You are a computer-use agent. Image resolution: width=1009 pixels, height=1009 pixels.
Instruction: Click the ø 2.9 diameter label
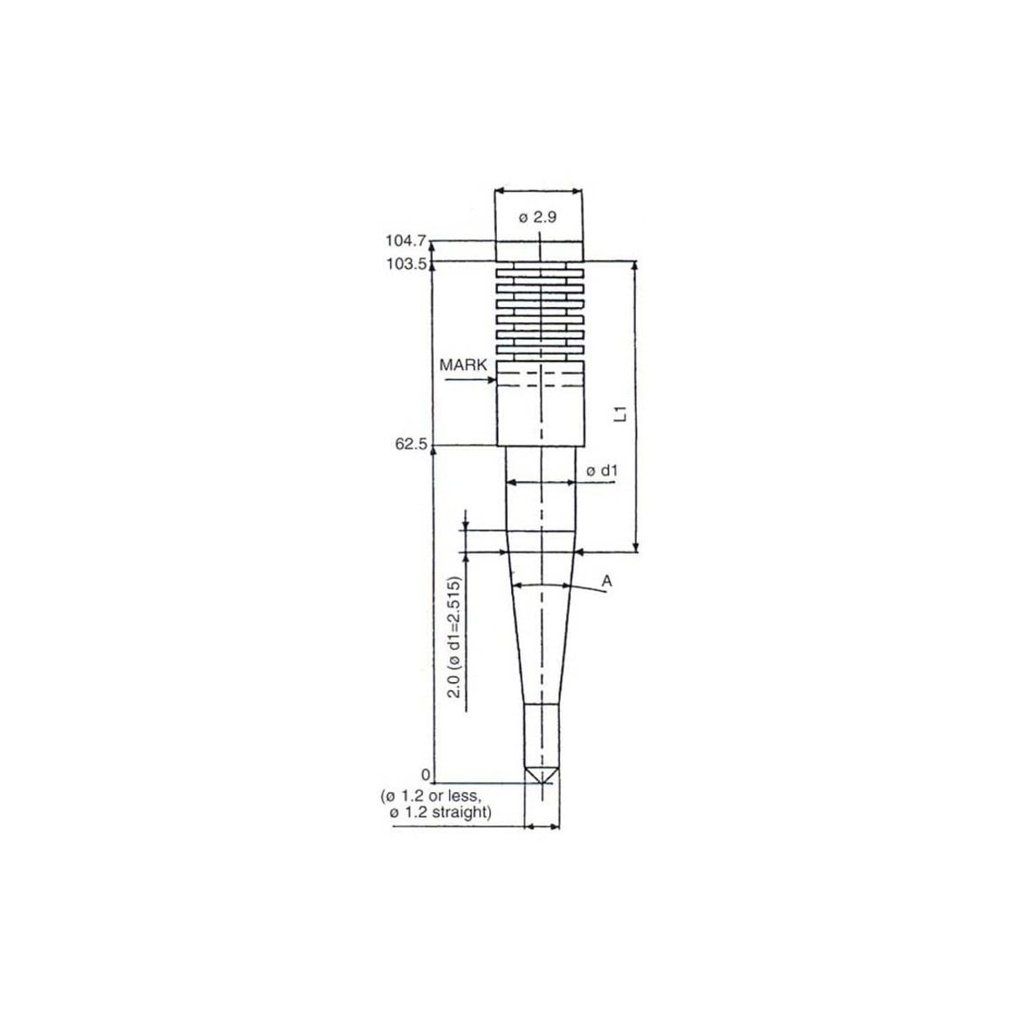coord(538,217)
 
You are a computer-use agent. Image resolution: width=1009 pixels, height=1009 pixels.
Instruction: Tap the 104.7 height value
coord(406,240)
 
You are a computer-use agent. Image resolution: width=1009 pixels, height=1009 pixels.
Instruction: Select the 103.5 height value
coord(407,263)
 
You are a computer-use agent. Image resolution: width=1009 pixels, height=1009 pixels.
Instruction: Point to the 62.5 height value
coord(411,445)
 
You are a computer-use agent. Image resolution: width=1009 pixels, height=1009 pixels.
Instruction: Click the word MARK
coord(462,365)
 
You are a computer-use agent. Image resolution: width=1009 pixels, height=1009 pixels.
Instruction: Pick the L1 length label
coord(621,413)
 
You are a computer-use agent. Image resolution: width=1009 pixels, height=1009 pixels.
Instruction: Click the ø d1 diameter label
coord(602,471)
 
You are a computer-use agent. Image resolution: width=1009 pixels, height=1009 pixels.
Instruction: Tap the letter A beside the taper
coord(607,581)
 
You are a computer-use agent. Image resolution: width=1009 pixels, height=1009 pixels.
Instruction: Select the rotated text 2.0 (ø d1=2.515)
coord(455,637)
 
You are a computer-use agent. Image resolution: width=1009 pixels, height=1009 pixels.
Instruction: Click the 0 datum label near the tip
coord(425,774)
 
